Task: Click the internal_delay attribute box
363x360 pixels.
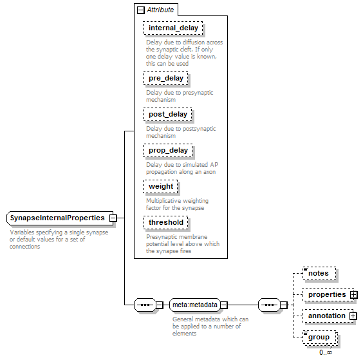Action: click(172, 28)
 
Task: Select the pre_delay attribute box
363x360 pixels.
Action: click(165, 79)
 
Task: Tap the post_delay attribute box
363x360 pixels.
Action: click(167, 115)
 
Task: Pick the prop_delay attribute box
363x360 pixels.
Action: click(168, 150)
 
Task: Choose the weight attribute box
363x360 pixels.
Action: click(160, 187)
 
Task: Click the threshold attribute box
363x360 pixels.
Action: click(165, 223)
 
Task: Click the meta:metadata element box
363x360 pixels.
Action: click(195, 305)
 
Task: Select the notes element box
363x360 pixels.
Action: click(319, 273)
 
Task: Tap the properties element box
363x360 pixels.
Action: click(328, 295)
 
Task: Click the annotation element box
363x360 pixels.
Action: click(328, 316)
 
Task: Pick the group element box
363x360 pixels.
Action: click(319, 337)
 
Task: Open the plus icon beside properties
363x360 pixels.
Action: click(353, 295)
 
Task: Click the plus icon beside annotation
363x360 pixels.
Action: click(353, 316)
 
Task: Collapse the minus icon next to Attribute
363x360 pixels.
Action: click(140, 10)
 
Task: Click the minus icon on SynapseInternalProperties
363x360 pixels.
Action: click(113, 218)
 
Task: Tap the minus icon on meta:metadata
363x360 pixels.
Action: click(223, 305)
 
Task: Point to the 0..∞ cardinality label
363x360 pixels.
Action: click(326, 352)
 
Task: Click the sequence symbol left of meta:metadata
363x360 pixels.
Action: click(145, 305)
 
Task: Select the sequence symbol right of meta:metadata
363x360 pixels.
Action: click(270, 305)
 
